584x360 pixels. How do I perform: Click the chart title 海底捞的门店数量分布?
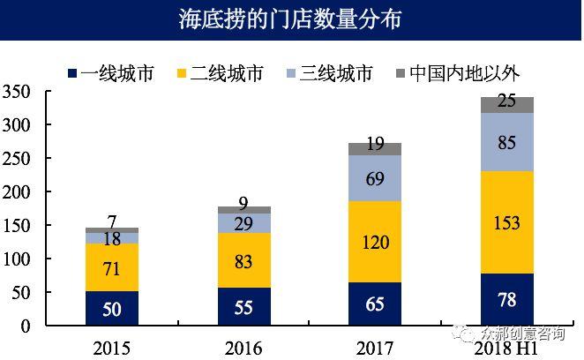pyautogui.click(x=291, y=20)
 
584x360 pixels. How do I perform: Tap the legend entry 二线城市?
pyautogui.click(x=227, y=72)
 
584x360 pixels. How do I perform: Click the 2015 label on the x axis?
pyautogui.click(x=111, y=347)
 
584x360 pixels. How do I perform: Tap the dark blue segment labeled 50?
pyautogui.click(x=112, y=309)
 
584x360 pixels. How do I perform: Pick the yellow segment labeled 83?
pyautogui.click(x=243, y=260)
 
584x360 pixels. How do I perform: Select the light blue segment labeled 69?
pyautogui.click(x=375, y=179)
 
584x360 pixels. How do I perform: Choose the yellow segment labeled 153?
pyautogui.click(x=506, y=222)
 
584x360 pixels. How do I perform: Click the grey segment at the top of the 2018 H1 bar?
pyautogui.click(x=506, y=105)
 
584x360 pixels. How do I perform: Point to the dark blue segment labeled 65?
pyautogui.click(x=375, y=304)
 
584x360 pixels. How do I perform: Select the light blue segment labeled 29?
pyautogui.click(x=243, y=223)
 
